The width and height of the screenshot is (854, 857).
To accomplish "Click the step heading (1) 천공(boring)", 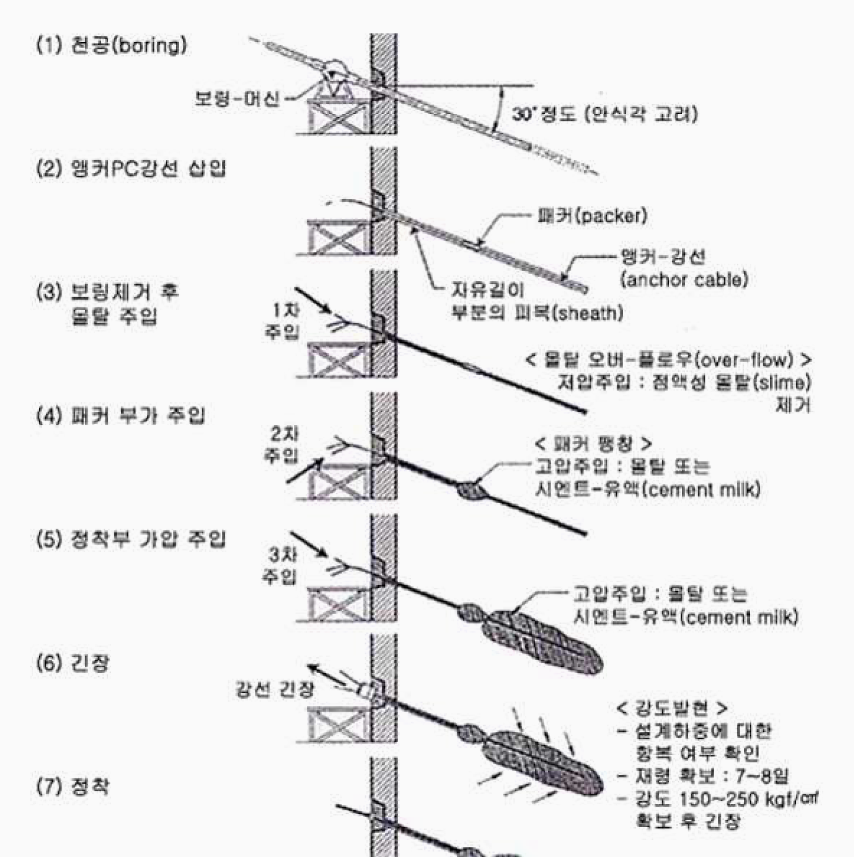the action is [112, 46].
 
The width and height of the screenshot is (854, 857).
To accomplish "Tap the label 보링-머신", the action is [237, 98].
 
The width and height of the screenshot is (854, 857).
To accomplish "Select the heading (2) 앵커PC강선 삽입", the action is [131, 168].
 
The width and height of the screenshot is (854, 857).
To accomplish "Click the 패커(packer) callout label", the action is [592, 216].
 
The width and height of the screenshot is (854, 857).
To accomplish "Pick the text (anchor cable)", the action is [684, 280].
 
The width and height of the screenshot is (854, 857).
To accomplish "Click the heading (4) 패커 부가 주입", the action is [121, 415].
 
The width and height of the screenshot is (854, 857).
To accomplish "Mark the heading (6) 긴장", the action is [73, 663].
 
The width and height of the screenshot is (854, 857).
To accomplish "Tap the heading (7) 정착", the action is [73, 786].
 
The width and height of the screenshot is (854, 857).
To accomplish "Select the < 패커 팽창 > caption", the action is [593, 443].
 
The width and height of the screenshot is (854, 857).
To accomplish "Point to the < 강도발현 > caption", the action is [672, 707].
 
